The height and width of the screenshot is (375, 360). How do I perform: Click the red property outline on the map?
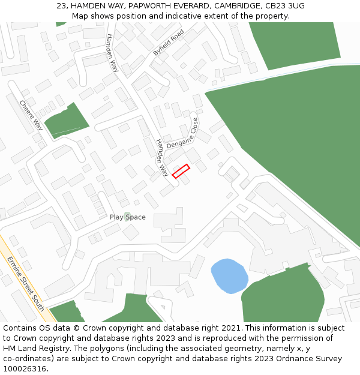point(181,171)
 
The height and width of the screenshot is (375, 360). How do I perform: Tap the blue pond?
point(229,275)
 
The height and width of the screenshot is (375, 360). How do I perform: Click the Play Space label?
point(128,217)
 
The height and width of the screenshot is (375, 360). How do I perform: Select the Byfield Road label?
point(168,43)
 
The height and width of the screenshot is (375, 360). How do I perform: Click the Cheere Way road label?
point(31,115)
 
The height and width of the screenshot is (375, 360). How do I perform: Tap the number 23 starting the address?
point(61,5)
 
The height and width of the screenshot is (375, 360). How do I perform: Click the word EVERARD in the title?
point(191,5)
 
